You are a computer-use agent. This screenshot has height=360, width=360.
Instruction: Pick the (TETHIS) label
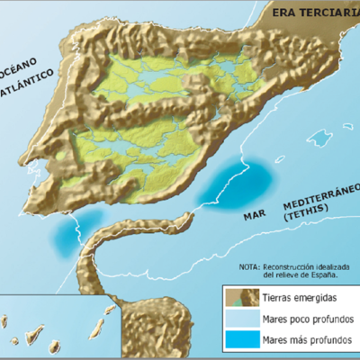click(x=307, y=217)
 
